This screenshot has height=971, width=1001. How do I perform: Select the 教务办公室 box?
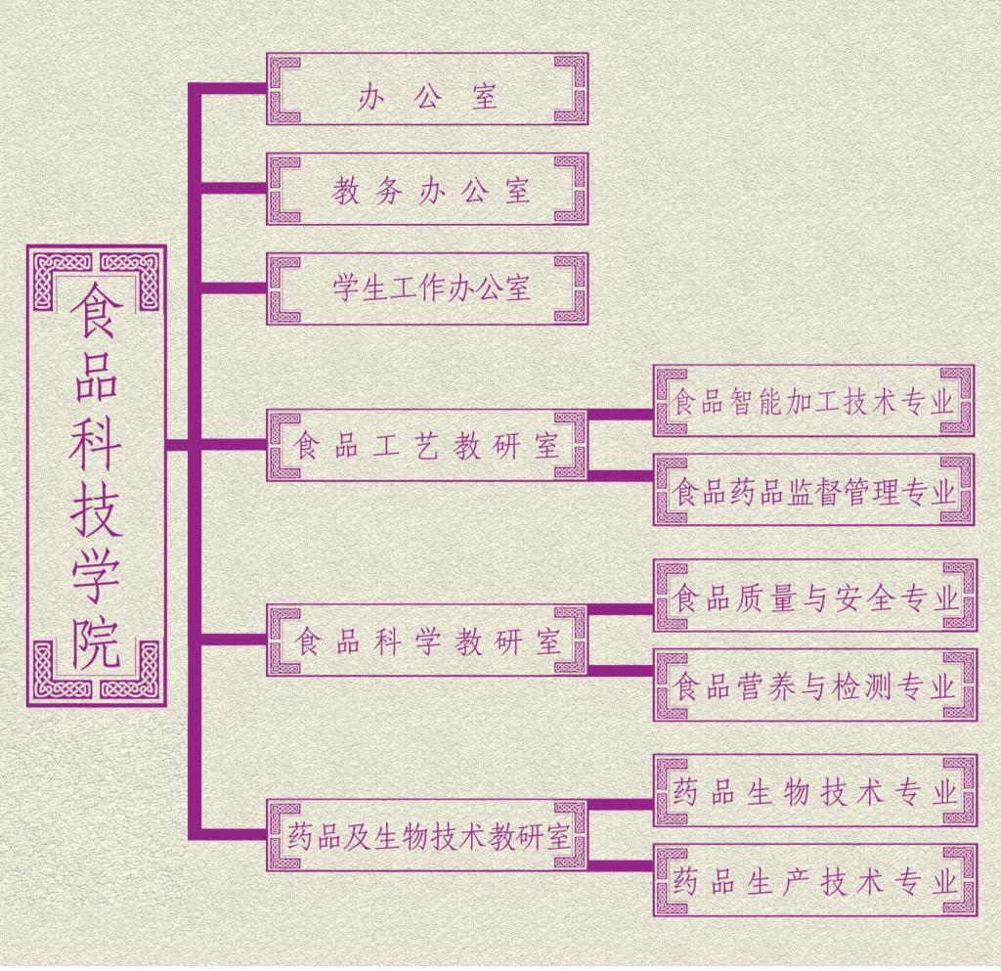pyautogui.click(x=427, y=189)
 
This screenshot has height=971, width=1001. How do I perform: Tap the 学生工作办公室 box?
pyautogui.click(x=427, y=288)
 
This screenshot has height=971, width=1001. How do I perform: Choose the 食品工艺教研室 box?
pyautogui.click(x=427, y=445)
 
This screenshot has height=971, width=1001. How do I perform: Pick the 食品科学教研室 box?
pyautogui.click(x=427, y=640)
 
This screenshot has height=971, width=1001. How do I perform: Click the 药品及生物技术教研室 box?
pyautogui.click(x=427, y=836)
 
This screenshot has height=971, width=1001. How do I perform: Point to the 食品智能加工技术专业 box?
pyautogui.click(x=814, y=401)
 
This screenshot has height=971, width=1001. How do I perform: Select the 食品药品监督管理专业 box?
pyautogui.click(x=814, y=490)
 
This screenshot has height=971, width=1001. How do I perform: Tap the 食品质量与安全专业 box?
pyautogui.click(x=814, y=596)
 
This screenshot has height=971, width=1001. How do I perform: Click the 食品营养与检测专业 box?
pyautogui.click(x=814, y=685)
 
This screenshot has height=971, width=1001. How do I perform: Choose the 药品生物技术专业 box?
pyautogui.click(x=814, y=791)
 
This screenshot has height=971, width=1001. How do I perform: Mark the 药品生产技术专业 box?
pyautogui.click(x=814, y=881)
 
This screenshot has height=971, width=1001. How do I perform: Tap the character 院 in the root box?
pyautogui.click(x=96, y=641)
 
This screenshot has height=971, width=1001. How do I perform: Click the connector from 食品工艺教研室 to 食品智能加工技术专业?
pyautogui.click(x=621, y=414)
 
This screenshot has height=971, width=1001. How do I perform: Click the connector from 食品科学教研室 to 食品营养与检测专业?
pyautogui.click(x=621, y=671)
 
